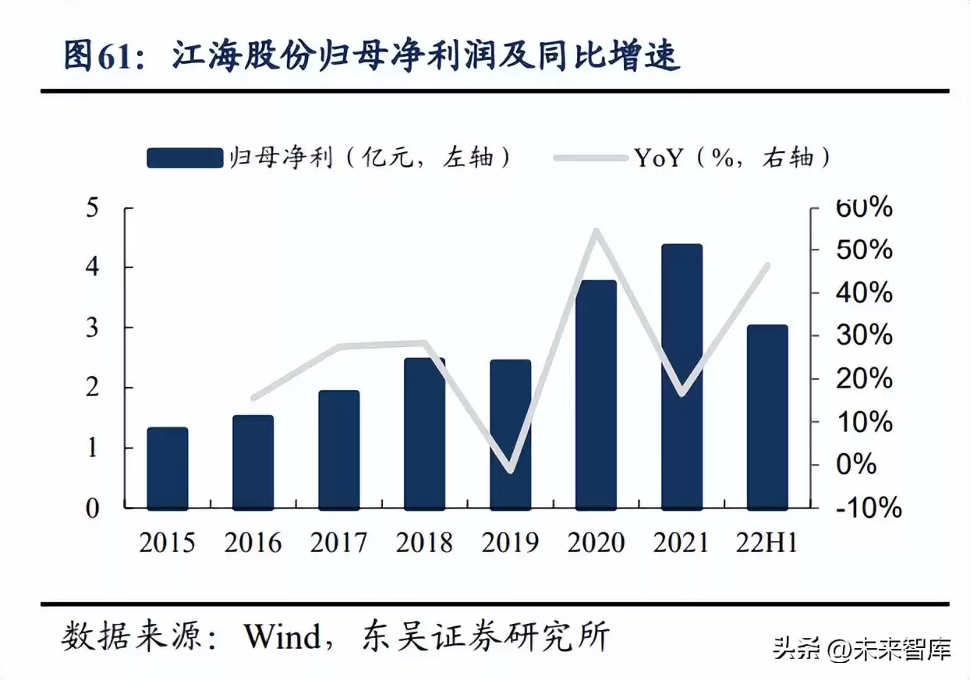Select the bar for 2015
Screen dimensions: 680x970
point(168,468)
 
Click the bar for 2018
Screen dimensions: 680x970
point(425,434)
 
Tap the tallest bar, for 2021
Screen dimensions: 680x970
point(682,377)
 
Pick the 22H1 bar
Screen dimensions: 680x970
point(768,417)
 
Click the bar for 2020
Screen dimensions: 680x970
point(597,395)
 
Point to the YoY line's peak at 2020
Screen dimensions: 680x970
point(597,231)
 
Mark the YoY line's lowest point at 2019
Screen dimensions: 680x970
point(511,470)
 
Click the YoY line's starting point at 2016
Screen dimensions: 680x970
point(253,398)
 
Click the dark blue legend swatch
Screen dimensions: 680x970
point(185,158)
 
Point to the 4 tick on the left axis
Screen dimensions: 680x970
point(93,267)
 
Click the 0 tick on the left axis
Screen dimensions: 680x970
point(93,508)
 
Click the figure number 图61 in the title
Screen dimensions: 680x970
point(99,56)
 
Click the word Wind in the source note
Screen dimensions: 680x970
point(282,637)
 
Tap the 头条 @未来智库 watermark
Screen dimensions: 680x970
point(862,648)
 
